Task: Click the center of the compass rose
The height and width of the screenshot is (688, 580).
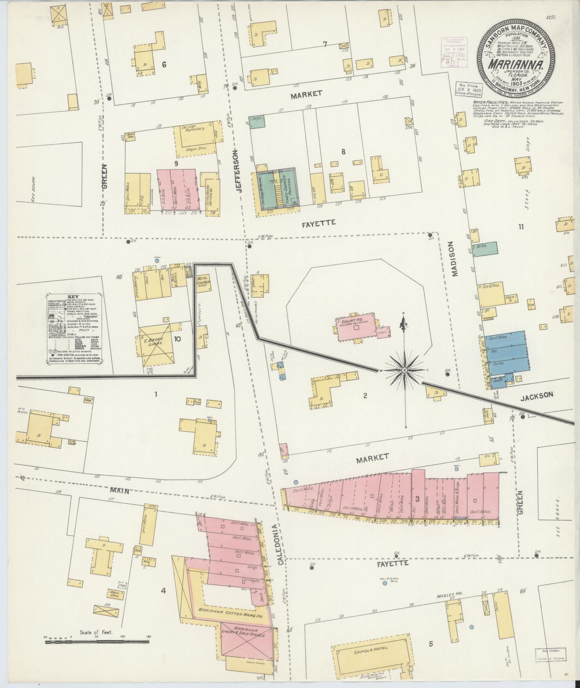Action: point(405,370)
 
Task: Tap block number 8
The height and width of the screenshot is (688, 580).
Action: point(343,152)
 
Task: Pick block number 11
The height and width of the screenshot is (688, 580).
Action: point(521,227)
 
